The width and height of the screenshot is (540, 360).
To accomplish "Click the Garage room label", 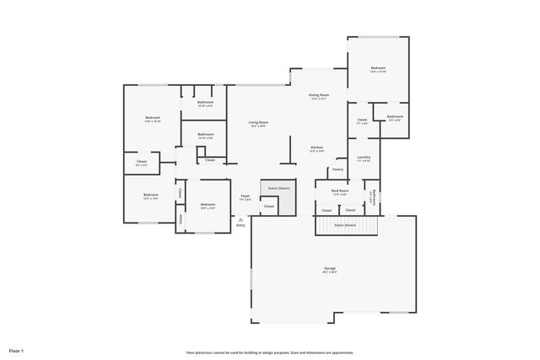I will pos(330,269).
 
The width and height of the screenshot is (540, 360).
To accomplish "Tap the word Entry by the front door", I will pos(240,225).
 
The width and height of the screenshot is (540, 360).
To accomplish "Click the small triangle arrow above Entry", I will pos(240,219).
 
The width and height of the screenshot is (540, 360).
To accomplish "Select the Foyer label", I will pos(246,196).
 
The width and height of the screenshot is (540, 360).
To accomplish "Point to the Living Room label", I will pos(258,122).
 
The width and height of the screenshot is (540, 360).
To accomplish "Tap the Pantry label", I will pos(337,169).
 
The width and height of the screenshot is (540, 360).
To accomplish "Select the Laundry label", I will pos(364,157).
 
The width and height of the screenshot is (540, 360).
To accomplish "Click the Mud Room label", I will pos(340,191).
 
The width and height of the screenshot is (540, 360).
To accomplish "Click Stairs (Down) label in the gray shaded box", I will pos(278,188).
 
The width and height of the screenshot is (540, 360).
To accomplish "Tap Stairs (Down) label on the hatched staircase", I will pos(345,225).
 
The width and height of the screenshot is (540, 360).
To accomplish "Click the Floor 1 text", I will pos(17,350).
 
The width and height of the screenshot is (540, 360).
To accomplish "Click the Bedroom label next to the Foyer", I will pos(208,204).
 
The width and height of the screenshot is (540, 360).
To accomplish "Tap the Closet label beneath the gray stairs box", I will pos(268,206).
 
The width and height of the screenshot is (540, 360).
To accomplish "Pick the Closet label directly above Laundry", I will pos(362,120).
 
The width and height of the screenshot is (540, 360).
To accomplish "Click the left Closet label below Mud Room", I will pos(327,210).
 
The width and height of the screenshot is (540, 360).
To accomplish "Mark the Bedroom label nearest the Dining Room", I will pos(378,67).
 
